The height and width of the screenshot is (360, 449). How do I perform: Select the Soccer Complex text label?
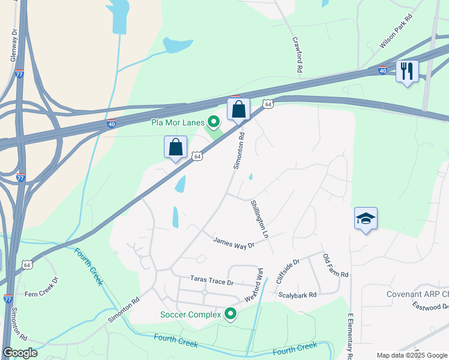coord(190,314)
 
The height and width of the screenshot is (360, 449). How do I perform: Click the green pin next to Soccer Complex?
coord(230,313)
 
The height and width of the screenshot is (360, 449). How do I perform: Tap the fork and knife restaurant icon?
coord(407,71)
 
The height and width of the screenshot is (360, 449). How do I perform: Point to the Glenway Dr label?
coord(13,46)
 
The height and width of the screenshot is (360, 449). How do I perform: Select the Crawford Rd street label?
coord(297,56)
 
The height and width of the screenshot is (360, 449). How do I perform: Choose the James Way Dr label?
coord(235,242)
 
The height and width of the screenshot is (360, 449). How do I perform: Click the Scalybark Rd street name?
coord(297,295)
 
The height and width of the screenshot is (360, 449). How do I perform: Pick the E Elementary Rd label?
coord(350,336)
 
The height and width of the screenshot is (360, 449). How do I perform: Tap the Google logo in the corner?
coord(20,353)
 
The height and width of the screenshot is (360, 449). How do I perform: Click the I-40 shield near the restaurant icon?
coord(382,71)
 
